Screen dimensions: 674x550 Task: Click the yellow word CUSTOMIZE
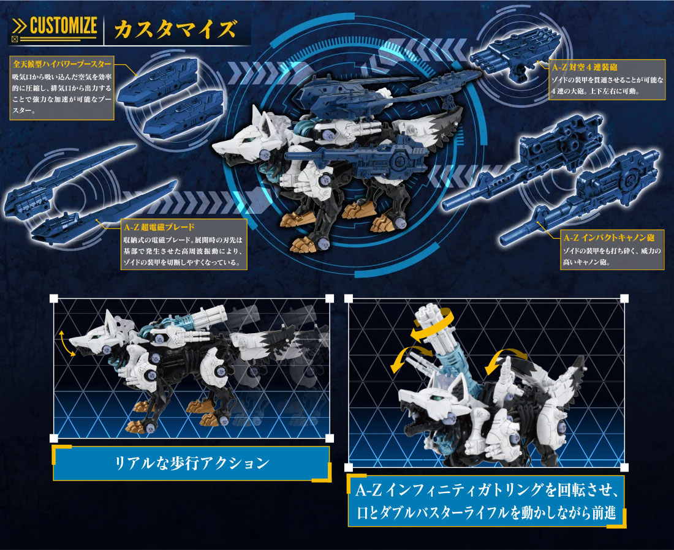(63, 26)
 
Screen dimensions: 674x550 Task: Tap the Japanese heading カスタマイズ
(175, 29)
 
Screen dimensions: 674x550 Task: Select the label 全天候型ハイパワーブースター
(62, 64)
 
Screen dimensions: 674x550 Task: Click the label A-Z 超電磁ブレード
(159, 227)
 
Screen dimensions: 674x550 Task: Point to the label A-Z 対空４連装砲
(585, 67)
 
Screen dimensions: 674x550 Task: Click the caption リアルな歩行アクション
(192, 463)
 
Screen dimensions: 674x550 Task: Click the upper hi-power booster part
(157, 80)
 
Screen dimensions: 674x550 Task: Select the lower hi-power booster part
(183, 115)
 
